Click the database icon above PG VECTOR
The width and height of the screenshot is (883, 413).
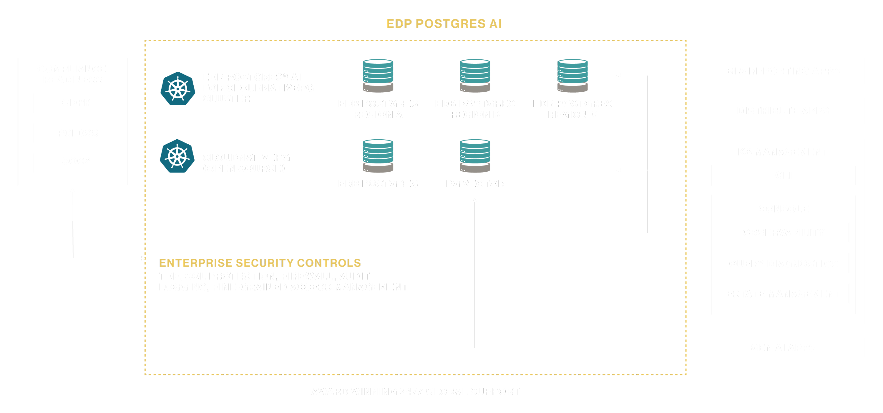(x=475, y=156)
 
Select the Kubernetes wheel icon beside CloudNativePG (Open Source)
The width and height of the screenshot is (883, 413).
(x=177, y=156)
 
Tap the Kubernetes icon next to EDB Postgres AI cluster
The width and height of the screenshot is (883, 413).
(x=177, y=89)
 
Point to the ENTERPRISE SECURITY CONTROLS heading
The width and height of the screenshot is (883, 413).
(x=260, y=263)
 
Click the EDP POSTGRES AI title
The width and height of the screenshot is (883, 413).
(x=444, y=24)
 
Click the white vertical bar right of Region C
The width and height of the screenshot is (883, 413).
(x=667, y=152)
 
